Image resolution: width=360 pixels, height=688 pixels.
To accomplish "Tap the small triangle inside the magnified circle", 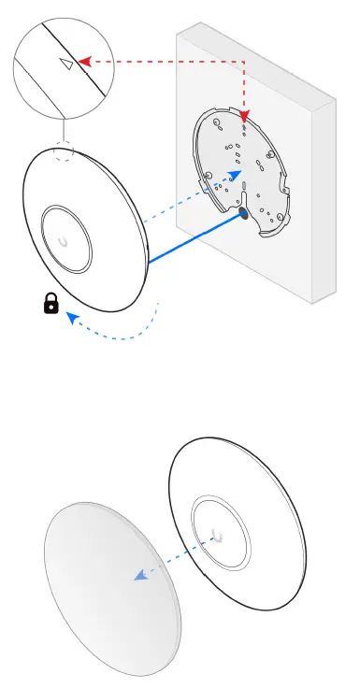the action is click(65, 64).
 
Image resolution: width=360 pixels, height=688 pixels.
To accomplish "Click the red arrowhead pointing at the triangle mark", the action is click(82, 62).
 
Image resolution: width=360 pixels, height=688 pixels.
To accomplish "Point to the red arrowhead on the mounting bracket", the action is click(245, 118).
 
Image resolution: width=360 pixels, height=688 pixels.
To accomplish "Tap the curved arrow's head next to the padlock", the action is click(72, 318).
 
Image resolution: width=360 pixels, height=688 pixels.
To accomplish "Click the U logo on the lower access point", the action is click(220, 536).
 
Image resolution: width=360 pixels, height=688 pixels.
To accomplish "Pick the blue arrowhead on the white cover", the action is click(138, 576).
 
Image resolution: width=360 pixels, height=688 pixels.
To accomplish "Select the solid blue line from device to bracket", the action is click(192, 242).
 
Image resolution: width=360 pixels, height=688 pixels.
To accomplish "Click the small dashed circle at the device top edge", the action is click(64, 151).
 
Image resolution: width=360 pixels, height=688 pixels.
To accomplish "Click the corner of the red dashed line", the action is click(244, 62).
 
